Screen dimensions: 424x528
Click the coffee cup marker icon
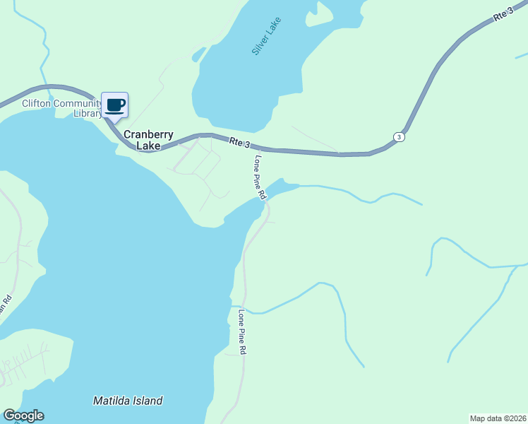115,105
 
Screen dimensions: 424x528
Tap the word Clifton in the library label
36,104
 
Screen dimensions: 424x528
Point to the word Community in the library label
77,104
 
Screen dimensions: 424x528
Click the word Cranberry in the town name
149,134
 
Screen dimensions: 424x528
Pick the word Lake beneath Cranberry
148,146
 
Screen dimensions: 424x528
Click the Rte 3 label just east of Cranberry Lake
240,143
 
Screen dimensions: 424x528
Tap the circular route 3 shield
400,136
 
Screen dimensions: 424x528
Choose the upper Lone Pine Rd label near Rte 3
259,177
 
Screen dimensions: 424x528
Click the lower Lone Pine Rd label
241,332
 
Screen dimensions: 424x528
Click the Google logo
23,416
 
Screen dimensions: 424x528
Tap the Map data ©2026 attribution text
498,418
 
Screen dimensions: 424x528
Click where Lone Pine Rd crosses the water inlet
267,200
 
